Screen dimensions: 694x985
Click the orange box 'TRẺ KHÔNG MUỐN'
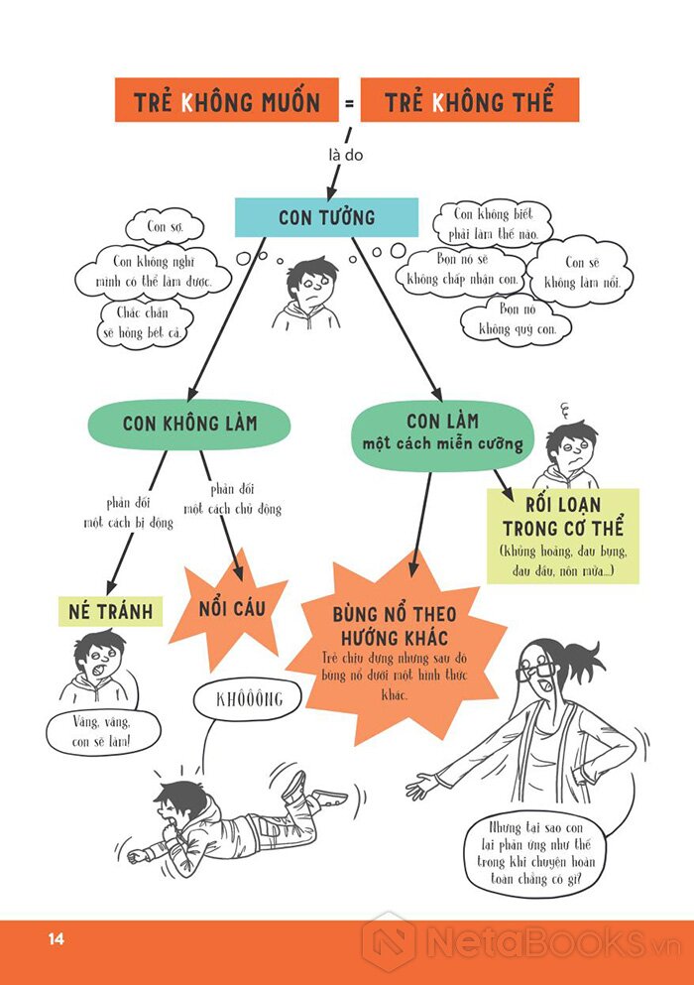coord(227,100)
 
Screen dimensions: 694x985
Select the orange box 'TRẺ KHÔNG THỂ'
coord(470,100)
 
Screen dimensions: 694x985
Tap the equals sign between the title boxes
coord(349,102)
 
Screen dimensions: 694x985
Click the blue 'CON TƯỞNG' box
coord(326,217)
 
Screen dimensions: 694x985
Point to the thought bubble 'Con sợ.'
coord(165,226)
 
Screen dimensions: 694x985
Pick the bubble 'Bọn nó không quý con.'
coord(517,318)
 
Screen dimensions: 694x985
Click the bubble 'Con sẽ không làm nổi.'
coord(582,272)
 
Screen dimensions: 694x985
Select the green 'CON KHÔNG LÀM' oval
coord(189,424)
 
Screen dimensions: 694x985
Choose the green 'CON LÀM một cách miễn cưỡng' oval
coord(443,432)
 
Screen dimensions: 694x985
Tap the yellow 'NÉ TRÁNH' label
coord(110,611)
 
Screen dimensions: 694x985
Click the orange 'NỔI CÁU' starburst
coord(230,608)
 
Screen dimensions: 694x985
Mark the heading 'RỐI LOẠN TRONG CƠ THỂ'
coord(563,517)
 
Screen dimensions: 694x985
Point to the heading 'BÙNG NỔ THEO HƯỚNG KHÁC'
coord(395,626)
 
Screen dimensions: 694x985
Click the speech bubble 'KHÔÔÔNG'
coord(249,699)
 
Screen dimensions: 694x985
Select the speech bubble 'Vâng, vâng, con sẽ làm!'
coord(102,732)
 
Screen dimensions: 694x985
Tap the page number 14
coord(56,939)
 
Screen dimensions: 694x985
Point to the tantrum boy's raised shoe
coord(293,786)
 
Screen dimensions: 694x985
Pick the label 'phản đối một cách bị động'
coord(128,513)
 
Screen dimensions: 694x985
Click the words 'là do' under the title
coord(346,155)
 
